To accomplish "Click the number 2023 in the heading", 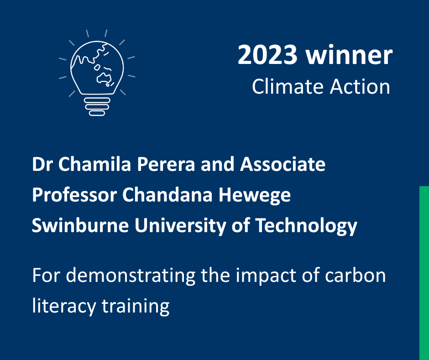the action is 267,55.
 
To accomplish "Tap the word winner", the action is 349,55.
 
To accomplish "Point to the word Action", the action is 360,87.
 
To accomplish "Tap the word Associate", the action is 283,164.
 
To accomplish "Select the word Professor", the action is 74,195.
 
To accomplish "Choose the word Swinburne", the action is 80,225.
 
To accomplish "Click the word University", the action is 180,226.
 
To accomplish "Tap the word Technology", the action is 306,226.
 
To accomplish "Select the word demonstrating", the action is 131,275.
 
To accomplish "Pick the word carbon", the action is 356,275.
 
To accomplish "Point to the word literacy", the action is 64,307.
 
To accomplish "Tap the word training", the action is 136,307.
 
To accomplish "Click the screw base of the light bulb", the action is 97,106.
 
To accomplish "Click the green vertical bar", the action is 424,273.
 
